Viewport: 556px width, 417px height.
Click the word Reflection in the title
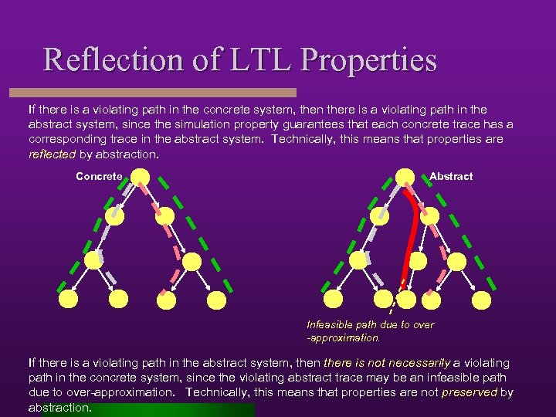coord(117,59)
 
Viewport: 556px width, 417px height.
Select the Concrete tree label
coord(99,177)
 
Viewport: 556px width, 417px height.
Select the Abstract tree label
coord(451,177)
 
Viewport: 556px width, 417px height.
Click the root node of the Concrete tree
coord(141,178)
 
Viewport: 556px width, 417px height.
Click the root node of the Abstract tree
coord(405,178)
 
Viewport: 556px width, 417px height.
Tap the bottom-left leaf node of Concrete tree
coord(68,298)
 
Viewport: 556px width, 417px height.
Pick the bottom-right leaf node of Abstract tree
coord(481,299)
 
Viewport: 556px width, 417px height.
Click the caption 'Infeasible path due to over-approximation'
coord(370,331)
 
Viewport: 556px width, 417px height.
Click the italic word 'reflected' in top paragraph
coord(52,154)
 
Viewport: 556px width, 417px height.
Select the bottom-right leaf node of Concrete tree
coord(218,299)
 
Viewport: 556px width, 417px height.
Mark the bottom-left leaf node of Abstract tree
coord(333,298)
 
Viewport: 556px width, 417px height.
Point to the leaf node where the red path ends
coord(384,298)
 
